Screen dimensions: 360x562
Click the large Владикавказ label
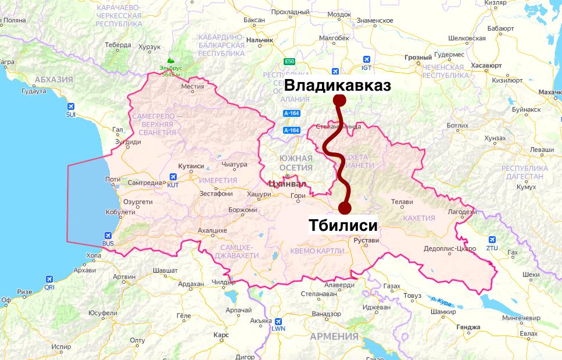pyautogui.click(x=337, y=85)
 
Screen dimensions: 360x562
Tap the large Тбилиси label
pyautogui.click(x=342, y=226)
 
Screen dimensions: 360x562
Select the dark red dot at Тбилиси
pyautogui.click(x=345, y=208)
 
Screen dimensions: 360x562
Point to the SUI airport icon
pyautogui.click(x=70, y=106)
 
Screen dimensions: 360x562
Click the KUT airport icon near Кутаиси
pyautogui.click(x=173, y=177)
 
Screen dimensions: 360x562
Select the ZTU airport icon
pyautogui.click(x=492, y=240)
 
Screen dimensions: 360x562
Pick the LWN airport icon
pyautogui.click(x=278, y=320)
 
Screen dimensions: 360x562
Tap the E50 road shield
pyautogui.click(x=289, y=61)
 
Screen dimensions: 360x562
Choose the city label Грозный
pyautogui.click(x=418, y=58)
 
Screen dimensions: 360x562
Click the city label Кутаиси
pyautogui.click(x=191, y=166)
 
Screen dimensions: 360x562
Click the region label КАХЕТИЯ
pyautogui.click(x=418, y=218)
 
